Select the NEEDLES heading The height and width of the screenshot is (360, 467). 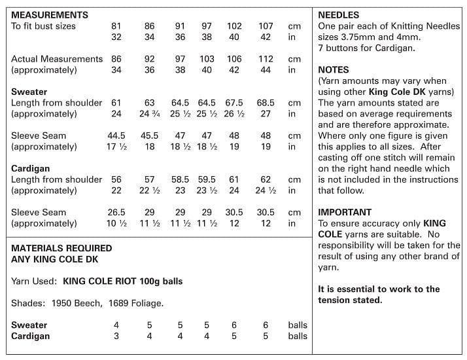click(339, 14)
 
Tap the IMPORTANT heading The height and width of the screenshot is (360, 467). click(345, 212)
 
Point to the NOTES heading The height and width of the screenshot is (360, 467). click(334, 69)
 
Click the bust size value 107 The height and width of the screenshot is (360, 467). click(266, 26)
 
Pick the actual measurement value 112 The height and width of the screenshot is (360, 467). click(266, 59)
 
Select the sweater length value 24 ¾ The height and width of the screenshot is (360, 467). click(150, 114)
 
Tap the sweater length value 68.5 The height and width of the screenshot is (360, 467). click(266, 103)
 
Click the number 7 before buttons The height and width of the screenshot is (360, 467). click(320, 48)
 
